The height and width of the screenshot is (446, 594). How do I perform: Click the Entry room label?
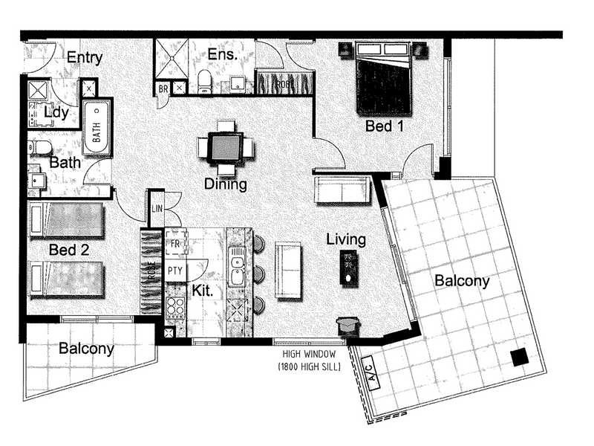84,57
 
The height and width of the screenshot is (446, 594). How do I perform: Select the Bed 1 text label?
385,126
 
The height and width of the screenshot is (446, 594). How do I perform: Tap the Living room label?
346,239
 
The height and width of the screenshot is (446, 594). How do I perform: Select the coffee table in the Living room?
349,268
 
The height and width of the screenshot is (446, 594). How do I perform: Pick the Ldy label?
56,112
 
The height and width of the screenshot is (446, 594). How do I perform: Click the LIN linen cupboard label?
157,209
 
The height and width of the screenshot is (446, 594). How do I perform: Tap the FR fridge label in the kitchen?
176,243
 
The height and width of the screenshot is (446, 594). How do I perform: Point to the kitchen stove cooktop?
176,307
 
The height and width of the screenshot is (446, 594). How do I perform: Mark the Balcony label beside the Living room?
462,281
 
